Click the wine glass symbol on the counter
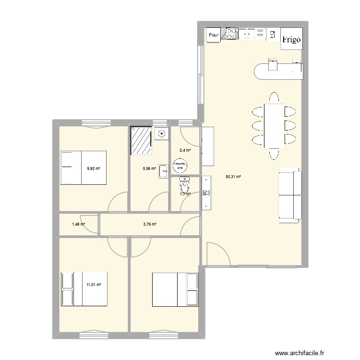[272, 34]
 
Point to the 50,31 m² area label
[233, 177]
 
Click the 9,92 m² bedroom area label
[94, 168]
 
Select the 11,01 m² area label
[93, 285]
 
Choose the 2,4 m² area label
[185, 150]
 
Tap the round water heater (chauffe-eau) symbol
[180, 166]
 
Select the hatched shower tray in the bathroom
[142, 141]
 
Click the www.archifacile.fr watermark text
[304, 351]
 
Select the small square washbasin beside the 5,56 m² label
[163, 169]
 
